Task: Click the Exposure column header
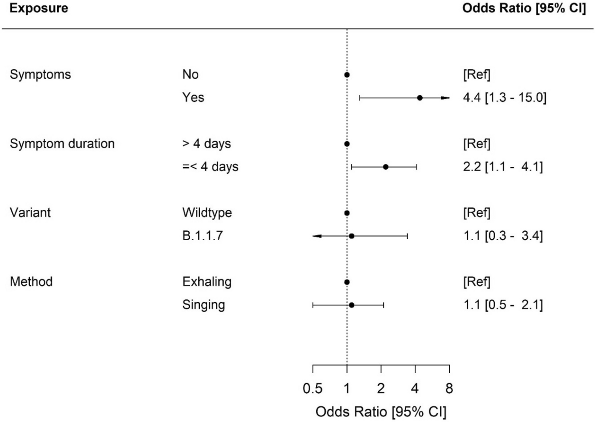click(39, 8)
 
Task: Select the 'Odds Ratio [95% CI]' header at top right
click(524, 8)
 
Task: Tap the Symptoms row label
click(40, 74)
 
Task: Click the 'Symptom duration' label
click(62, 143)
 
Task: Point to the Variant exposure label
click(30, 213)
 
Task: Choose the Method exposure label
click(31, 282)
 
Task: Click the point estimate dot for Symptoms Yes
click(420, 98)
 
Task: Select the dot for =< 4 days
click(386, 167)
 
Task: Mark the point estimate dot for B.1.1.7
click(352, 236)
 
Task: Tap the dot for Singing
click(352, 305)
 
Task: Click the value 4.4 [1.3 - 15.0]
click(504, 97)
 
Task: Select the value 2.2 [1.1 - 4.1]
click(503, 166)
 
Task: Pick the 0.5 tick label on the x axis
click(313, 388)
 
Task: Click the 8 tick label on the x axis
click(449, 388)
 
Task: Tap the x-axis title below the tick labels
click(381, 412)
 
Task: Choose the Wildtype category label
click(207, 213)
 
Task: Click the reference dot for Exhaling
click(347, 282)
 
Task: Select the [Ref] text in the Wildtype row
click(477, 213)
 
